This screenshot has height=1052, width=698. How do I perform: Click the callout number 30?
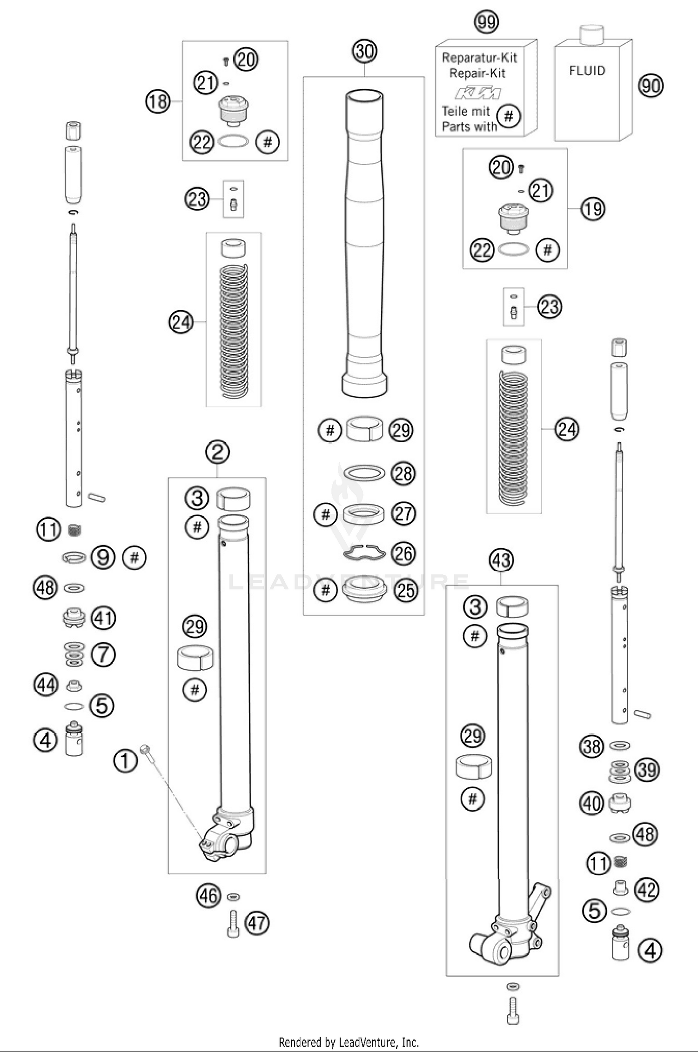(365, 51)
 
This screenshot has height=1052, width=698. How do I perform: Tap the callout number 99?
(487, 22)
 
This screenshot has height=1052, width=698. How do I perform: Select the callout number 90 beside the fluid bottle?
(651, 86)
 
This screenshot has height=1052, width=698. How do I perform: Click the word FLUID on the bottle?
(587, 71)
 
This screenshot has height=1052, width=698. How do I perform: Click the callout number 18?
(158, 101)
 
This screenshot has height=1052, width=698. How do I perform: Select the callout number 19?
(593, 209)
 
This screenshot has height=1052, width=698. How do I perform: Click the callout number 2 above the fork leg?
(218, 452)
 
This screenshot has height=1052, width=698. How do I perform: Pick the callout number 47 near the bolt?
(257, 923)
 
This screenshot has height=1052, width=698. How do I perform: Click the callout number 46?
(208, 896)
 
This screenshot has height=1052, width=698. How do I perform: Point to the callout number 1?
(126, 762)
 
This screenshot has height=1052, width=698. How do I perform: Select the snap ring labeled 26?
(364, 553)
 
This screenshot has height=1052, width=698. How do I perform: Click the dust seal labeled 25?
(364, 590)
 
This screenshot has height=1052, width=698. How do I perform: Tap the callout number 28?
(403, 473)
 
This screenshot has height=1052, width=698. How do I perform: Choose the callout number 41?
(103, 618)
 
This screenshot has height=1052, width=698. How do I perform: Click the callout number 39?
(648, 770)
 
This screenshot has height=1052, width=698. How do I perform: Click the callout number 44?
(46, 685)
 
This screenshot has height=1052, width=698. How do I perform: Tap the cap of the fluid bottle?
(591, 33)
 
